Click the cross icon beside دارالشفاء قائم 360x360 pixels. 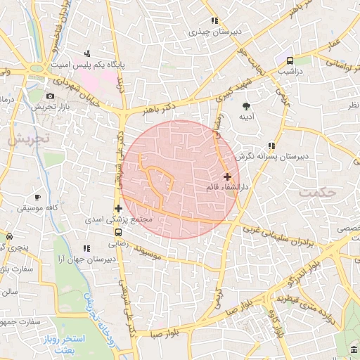click(x=227, y=176)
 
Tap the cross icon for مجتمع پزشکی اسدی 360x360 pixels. click(x=118, y=208)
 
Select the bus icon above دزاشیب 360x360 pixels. click(x=290, y=60)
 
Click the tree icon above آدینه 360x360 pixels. click(x=247, y=105)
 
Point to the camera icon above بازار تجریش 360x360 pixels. click(x=49, y=96)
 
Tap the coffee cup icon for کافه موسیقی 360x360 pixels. click(x=38, y=198)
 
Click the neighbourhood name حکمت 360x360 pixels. click(x=315, y=191)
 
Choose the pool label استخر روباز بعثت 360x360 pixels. click(x=81, y=344)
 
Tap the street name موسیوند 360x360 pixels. click(x=161, y=252)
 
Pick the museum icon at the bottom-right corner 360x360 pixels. click(x=352, y=351)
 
